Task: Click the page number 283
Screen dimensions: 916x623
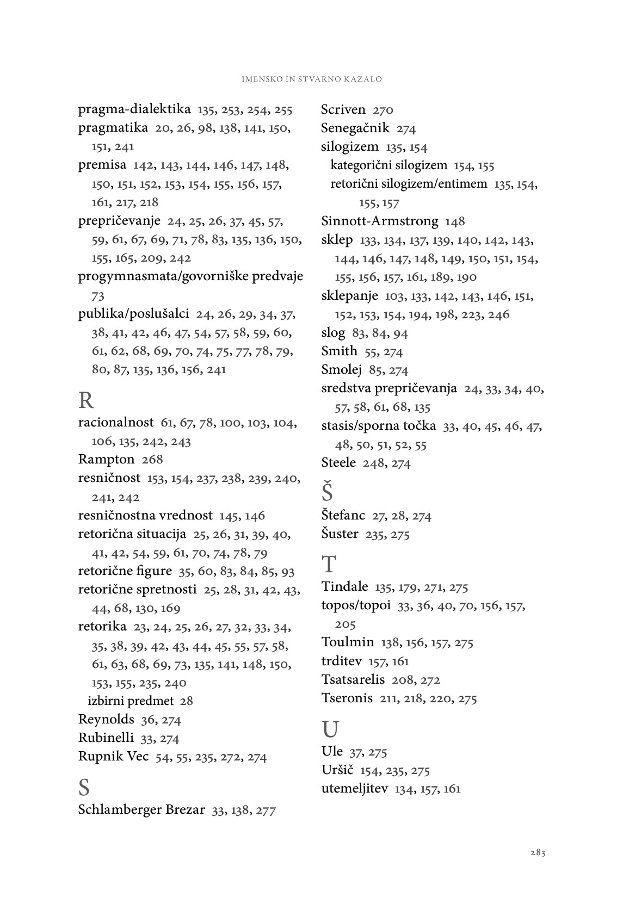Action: click(x=538, y=853)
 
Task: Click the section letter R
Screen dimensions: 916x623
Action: click(x=86, y=400)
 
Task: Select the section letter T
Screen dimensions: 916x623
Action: click(x=329, y=565)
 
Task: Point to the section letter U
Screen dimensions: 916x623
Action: click(x=330, y=729)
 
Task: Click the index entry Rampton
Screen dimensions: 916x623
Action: click(x=106, y=459)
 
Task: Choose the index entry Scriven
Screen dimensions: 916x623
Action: click(x=343, y=110)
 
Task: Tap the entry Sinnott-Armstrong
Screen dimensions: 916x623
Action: click(x=379, y=221)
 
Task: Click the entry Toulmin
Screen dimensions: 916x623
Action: click(x=348, y=642)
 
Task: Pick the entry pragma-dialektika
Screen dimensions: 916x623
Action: click(x=134, y=110)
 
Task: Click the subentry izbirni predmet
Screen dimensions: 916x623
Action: click(x=131, y=701)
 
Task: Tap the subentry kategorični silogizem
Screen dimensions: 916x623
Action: click(x=388, y=165)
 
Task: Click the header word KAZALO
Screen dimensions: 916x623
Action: click(x=363, y=79)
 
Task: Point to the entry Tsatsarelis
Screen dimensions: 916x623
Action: click(x=353, y=679)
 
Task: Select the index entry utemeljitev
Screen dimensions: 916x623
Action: click(x=355, y=788)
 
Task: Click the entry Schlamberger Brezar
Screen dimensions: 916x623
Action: click(x=141, y=810)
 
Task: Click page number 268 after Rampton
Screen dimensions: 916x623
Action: click(x=152, y=460)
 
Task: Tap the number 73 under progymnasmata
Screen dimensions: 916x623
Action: click(x=98, y=296)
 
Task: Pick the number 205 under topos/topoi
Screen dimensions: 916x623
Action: click(x=346, y=624)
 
